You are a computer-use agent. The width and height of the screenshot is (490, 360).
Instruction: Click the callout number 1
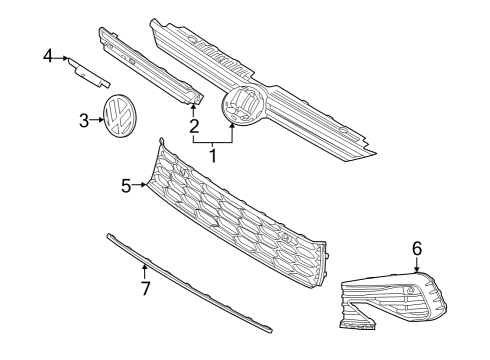213,155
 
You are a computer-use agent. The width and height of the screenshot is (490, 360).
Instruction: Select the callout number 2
194,126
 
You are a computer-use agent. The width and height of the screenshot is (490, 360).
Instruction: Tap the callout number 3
84,120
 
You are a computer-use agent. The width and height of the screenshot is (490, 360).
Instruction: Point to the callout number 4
48,56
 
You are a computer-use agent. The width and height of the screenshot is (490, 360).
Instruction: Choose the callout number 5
126,186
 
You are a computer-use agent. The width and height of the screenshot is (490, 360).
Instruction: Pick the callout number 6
417,249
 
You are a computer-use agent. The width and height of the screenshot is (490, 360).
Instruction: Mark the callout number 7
145,288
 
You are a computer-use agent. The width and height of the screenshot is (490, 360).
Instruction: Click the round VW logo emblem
120,116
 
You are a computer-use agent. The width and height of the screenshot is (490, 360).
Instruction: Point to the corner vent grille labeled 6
393,300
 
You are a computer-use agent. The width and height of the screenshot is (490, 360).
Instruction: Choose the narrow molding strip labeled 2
151,67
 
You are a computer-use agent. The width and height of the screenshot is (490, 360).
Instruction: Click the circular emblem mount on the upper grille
243,104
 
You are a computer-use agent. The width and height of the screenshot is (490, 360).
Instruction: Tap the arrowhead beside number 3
102,119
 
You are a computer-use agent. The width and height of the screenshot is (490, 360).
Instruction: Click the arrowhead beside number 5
144,184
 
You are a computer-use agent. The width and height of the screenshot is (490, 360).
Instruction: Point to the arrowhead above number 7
144,266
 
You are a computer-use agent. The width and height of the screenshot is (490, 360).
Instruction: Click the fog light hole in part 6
411,290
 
